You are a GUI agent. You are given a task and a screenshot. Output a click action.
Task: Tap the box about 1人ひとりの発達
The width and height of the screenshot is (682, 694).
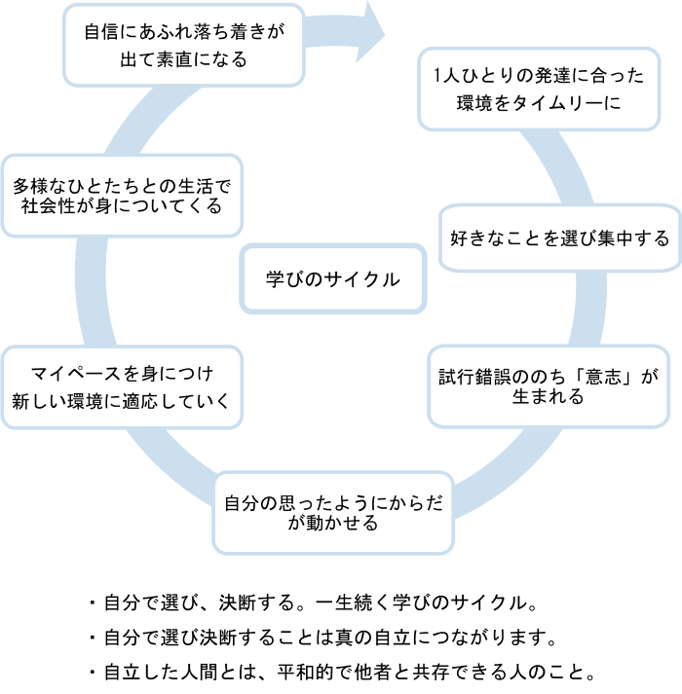pos(538,88)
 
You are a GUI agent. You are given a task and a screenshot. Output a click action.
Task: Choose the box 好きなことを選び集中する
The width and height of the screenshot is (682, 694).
pos(560,237)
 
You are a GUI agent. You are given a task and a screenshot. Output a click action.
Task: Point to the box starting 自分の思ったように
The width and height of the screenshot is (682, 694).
pos(333,513)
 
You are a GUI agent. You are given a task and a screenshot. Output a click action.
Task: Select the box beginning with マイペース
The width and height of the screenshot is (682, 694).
pos(122,386)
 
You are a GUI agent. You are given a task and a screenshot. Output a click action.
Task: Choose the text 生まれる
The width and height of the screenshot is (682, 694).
pos(548,398)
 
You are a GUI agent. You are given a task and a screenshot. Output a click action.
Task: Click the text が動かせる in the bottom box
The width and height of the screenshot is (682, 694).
pos(333,524)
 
